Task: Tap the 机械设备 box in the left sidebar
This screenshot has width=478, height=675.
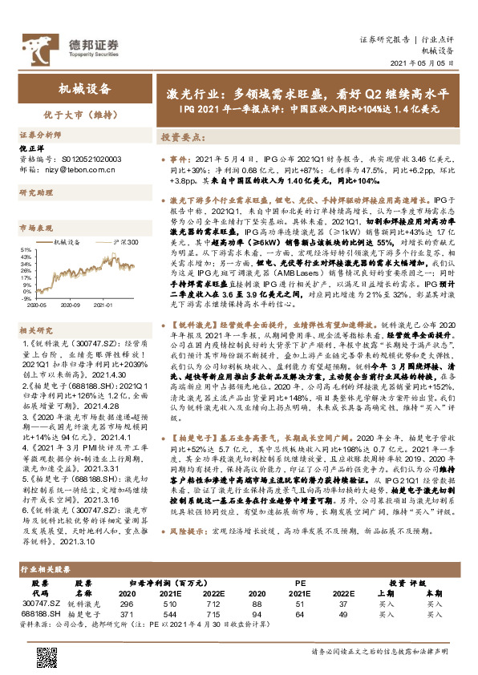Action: (x=84, y=89)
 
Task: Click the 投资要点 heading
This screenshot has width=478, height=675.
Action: (x=177, y=138)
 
